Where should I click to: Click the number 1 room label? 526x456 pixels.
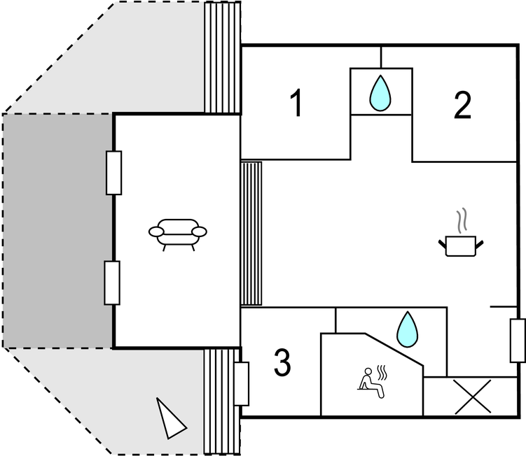[x=297, y=104]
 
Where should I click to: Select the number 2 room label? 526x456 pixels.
[x=462, y=105]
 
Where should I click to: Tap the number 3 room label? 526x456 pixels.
[x=282, y=362]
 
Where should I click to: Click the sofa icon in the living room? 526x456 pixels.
[x=178, y=232]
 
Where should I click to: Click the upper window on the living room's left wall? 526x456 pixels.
[x=113, y=172]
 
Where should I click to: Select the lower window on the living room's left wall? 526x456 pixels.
[x=112, y=282]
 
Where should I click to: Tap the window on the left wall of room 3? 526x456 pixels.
[x=242, y=383]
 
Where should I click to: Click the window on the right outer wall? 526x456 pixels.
[x=518, y=341]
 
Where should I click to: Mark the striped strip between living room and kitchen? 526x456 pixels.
[x=251, y=233]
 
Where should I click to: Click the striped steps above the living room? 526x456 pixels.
[x=221, y=57]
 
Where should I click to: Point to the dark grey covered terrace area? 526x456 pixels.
[x=57, y=231]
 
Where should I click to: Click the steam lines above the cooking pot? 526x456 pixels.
[x=460, y=222]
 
